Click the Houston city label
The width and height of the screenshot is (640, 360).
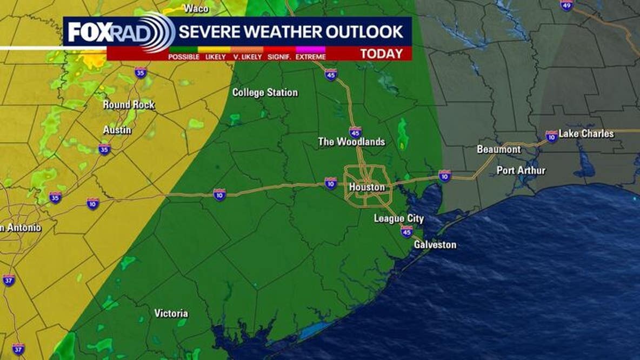click(x=367, y=187)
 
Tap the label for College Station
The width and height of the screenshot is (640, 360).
click(x=265, y=92)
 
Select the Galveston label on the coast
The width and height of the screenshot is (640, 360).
click(x=435, y=245)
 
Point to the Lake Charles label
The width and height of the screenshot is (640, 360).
click(x=586, y=134)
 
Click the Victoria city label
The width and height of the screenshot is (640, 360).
click(x=171, y=314)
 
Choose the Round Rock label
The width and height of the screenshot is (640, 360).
click(x=129, y=105)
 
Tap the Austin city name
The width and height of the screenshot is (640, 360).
click(x=117, y=130)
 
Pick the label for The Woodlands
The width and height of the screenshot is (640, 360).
click(x=351, y=142)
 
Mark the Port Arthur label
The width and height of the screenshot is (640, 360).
click(x=521, y=171)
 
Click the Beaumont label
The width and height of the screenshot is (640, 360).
click(x=498, y=149)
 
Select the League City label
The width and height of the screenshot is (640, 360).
click(x=399, y=219)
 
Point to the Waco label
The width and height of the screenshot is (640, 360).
click(x=196, y=8)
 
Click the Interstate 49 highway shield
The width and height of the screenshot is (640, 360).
click(x=566, y=5)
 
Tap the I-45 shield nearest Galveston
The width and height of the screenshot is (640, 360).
click(x=406, y=231)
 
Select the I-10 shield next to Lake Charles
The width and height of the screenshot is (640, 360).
click(x=551, y=136)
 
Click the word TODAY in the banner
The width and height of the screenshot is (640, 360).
click(x=382, y=54)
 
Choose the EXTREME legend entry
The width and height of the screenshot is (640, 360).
click(x=311, y=57)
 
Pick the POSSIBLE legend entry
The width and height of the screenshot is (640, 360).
click(x=184, y=57)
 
